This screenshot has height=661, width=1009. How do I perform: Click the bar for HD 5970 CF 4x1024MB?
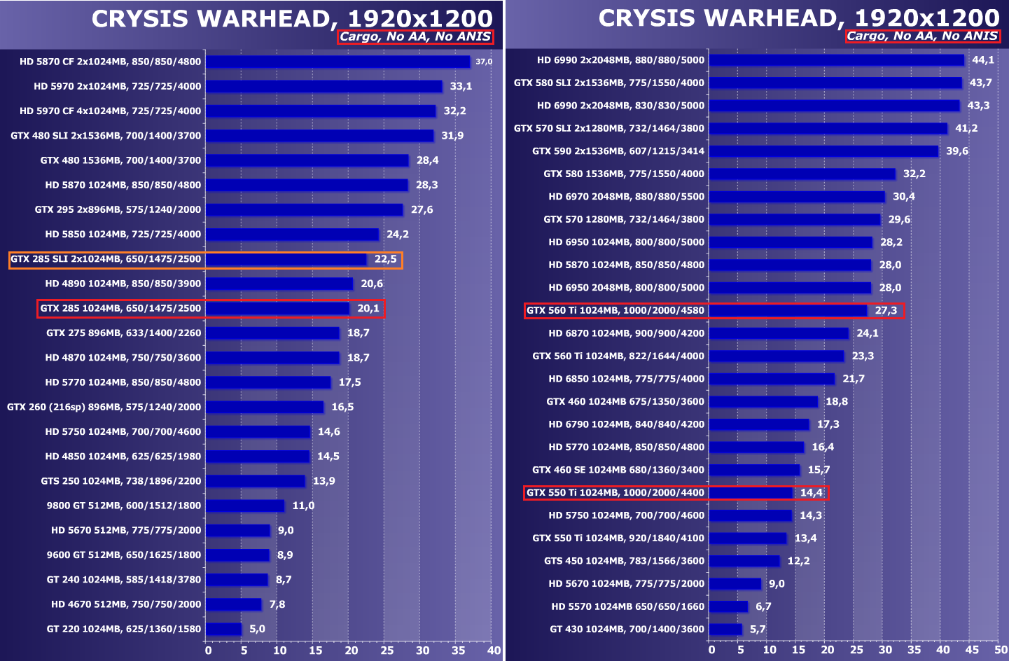[321, 111]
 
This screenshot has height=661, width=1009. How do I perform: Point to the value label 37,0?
[484, 62]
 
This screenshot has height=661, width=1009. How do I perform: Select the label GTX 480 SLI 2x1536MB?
[106, 136]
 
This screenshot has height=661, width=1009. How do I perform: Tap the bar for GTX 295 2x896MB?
[304, 210]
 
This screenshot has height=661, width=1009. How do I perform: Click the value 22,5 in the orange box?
[385, 259]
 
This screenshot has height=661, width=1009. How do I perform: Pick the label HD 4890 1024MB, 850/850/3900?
[123, 284]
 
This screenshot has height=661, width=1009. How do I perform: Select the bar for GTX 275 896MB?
[272, 333]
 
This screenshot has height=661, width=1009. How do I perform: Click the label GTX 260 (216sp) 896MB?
[104, 407]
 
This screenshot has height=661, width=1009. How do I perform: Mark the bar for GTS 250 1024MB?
[256, 481]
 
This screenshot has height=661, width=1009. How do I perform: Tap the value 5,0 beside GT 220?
[257, 629]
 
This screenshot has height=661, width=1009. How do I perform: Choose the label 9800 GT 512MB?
[124, 506]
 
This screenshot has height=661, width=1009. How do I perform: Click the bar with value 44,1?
[836, 60]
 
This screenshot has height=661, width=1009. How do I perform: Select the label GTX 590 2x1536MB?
[618, 151]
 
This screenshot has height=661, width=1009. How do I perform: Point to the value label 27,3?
[886, 311]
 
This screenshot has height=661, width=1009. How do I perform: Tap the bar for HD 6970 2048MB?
[797, 197]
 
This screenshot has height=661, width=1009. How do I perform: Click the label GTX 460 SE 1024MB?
[618, 470]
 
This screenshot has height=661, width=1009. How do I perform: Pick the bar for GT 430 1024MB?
[725, 629]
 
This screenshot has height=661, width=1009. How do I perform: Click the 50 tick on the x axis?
[1001, 650]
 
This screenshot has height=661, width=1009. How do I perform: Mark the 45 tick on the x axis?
[972, 650]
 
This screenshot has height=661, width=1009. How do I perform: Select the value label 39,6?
[957, 151]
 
